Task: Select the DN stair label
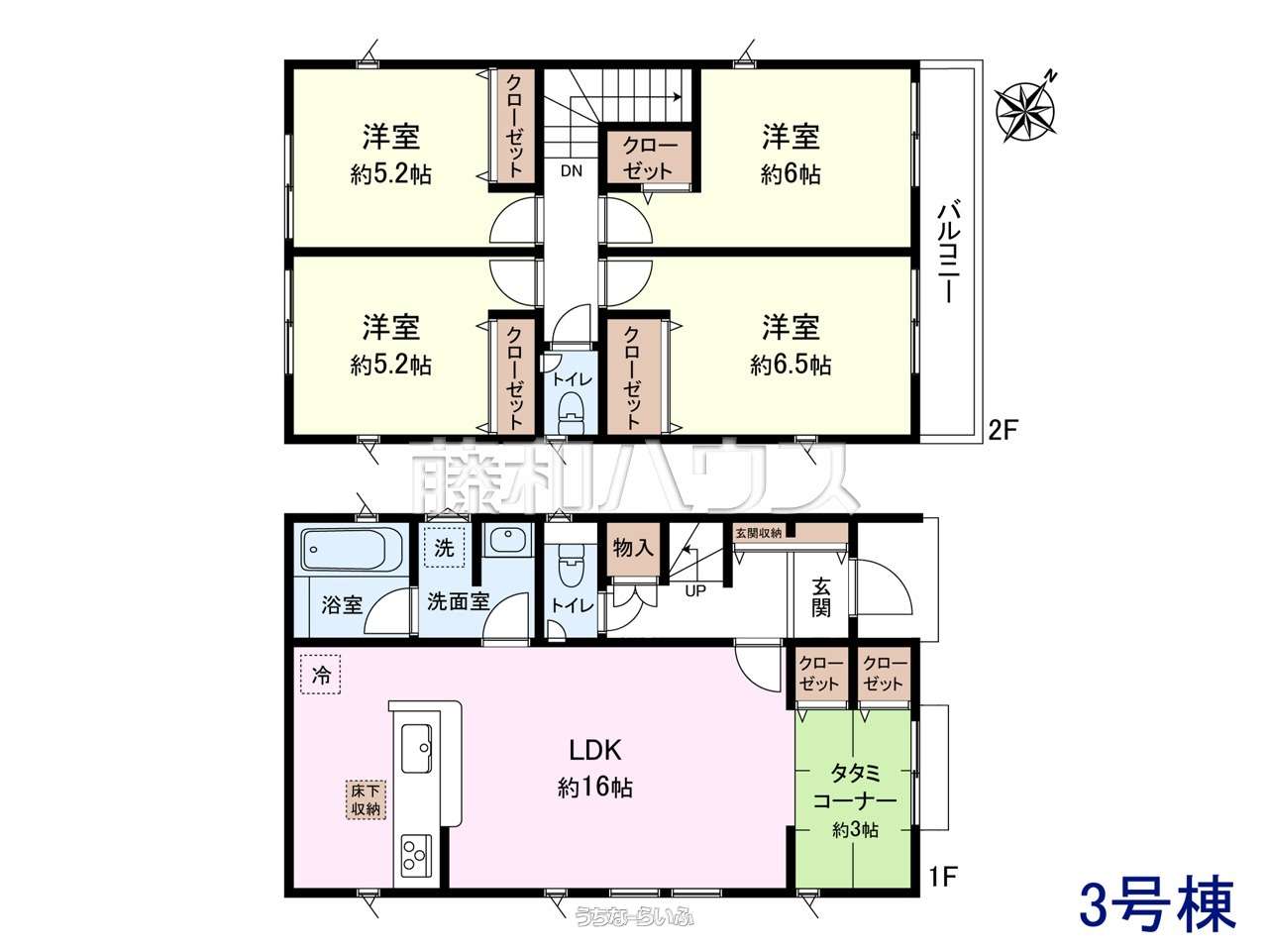[572, 171]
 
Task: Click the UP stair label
[695, 590]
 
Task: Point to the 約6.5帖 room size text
[791, 365]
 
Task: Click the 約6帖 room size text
[791, 173]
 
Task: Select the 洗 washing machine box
[444, 547]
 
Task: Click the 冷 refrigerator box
[321, 674]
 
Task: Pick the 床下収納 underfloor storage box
[366, 799]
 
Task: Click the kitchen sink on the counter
[416, 747]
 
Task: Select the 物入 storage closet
[634, 549]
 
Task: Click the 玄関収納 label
[758, 532]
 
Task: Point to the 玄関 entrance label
[820, 597]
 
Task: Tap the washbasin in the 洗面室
[508, 541]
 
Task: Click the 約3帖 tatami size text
[855, 830]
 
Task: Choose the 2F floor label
[1003, 430]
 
